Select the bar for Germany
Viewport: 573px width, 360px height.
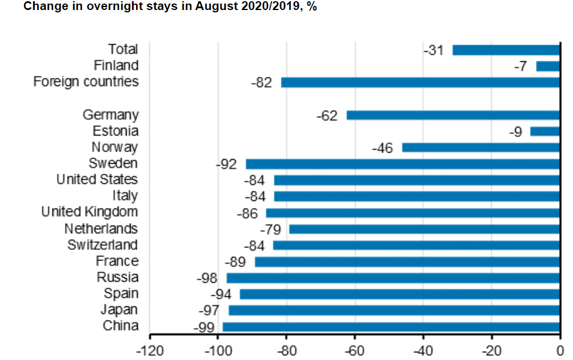click(453, 115)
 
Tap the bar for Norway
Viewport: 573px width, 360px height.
click(481, 147)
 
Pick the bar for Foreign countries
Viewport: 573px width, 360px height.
click(420, 82)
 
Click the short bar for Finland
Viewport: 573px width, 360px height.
click(548, 66)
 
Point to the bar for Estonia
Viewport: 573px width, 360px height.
click(545, 131)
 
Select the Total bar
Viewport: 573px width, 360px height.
click(506, 50)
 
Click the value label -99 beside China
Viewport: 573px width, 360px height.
click(204, 328)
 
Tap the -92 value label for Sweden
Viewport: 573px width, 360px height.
click(226, 164)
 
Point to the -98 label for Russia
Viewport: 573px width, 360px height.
click(207, 278)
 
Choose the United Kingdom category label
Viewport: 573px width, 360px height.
click(90, 212)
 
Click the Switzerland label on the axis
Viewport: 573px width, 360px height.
click(102, 245)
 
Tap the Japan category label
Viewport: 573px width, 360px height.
click(120, 309)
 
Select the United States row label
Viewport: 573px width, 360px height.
click(97, 179)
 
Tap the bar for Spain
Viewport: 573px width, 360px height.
click(399, 294)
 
